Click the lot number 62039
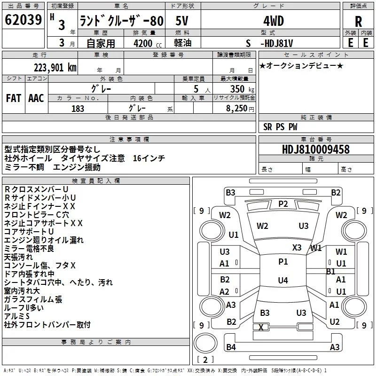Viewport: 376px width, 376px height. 23,20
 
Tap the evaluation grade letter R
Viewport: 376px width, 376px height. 358,21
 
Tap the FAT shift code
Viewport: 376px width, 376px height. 13,98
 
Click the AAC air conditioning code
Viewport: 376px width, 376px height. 36,98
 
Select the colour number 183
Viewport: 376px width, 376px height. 78,109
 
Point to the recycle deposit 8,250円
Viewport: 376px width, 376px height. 240,109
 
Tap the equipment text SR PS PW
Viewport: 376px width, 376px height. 280,127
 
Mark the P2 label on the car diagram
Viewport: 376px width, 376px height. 283,204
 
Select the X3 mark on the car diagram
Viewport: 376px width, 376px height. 297,247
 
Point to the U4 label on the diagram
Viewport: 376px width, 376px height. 282,281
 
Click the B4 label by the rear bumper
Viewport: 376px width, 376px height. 230,347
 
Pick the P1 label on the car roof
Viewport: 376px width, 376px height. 283,262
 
